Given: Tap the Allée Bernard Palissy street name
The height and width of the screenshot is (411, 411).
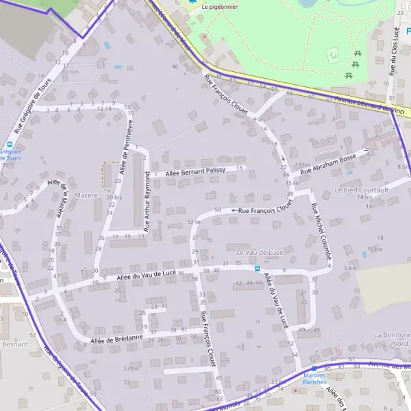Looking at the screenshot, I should (x=196, y=171).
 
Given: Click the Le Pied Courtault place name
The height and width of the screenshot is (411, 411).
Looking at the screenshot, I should (x=361, y=189).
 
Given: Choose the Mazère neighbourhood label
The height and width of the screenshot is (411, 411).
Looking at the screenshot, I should (x=87, y=195).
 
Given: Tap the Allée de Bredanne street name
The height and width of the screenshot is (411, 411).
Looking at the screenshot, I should (x=116, y=339).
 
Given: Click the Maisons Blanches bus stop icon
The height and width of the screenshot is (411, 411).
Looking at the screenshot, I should (x=314, y=368).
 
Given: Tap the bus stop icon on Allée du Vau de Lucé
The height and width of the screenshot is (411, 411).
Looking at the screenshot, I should (x=258, y=269).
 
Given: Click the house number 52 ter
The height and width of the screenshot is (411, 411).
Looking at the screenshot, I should (x=195, y=222).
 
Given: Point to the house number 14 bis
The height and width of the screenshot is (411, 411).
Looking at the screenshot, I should (x=364, y=197).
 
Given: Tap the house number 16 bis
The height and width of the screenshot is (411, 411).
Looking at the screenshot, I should (x=374, y=249).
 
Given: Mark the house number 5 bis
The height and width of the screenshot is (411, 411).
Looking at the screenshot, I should (x=351, y=268).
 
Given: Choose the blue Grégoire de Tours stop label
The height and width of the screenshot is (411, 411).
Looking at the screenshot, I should (x=12, y=155).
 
